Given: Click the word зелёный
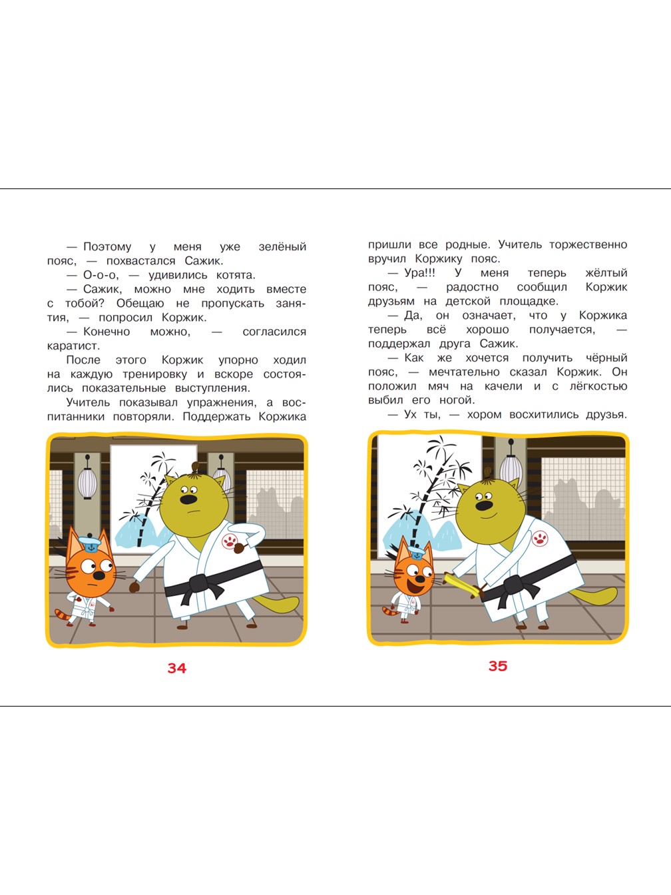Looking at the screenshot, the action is pyautogui.click(x=282, y=247).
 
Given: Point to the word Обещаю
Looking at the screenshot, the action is pyautogui.click(x=140, y=304).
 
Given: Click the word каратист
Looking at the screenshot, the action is pyautogui.click(x=73, y=346).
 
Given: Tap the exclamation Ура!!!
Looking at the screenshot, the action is pyautogui.click(x=419, y=273).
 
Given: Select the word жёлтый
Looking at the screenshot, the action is pyautogui.click(x=606, y=273).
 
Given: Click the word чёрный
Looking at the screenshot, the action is pyautogui.click(x=606, y=358).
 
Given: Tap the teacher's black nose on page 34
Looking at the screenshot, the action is pyautogui.click(x=188, y=499).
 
